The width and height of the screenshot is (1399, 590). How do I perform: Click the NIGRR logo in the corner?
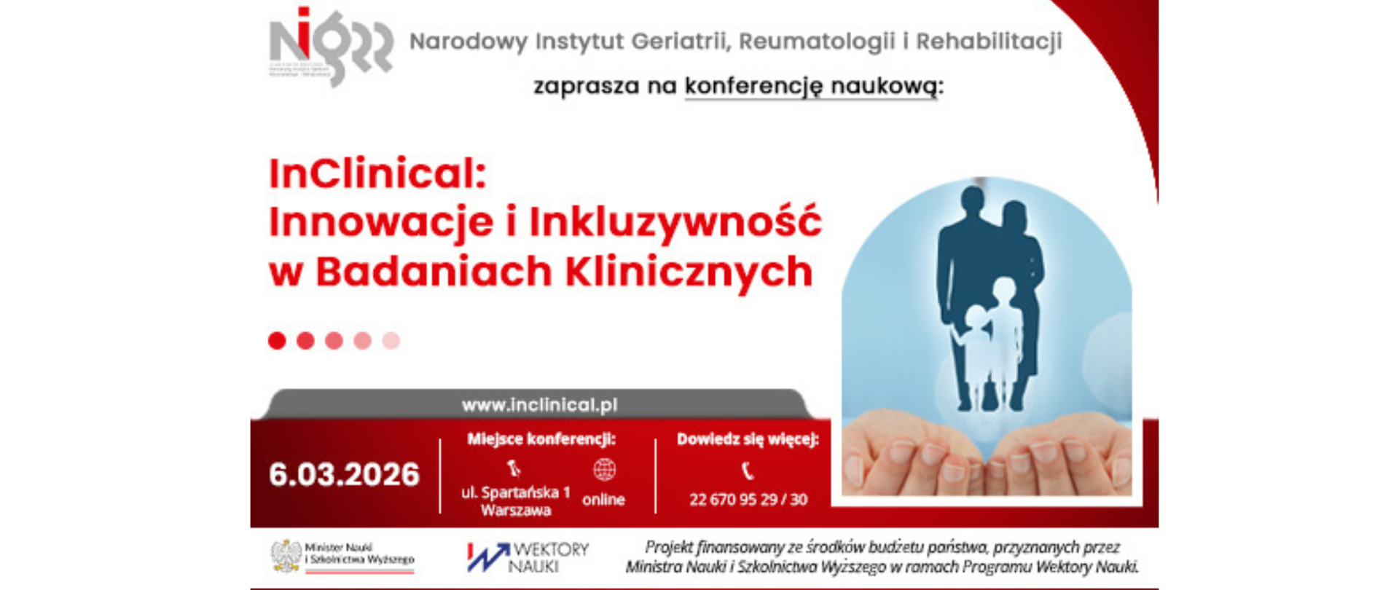pos(330,45)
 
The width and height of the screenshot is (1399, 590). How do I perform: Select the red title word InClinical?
pos(377,174)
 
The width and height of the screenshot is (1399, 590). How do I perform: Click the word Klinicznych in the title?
pos(689,272)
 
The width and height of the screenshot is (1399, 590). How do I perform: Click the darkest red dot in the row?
pos(277,340)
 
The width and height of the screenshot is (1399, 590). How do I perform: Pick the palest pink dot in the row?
pos(391,340)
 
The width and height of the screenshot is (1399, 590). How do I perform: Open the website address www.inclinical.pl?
pos(539,405)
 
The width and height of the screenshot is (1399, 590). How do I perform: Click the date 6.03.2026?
pos(344,475)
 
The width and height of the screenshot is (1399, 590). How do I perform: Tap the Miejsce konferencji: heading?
pos(541,439)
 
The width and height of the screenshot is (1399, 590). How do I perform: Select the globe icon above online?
pos(604,470)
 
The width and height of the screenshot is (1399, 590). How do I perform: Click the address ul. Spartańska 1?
pos(515,493)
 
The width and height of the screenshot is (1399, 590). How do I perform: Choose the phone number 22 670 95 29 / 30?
pos(748,500)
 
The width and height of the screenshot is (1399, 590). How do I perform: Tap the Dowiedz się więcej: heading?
pos(748,439)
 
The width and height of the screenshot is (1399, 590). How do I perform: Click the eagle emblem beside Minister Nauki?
pos(286,556)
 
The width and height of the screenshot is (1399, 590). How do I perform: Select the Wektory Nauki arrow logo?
pos(488,557)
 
